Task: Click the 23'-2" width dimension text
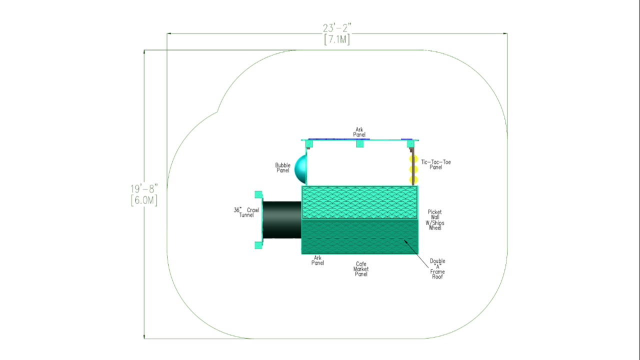point(337,28)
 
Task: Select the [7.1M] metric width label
point(337,39)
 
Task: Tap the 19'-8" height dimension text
point(144,189)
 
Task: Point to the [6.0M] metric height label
point(144,200)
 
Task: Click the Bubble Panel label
point(282,167)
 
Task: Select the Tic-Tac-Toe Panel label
point(435,164)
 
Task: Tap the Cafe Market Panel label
point(361,269)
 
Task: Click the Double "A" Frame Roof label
point(437,269)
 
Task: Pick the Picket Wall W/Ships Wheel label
point(435,220)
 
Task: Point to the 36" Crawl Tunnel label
point(246,212)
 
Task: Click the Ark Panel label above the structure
point(359,132)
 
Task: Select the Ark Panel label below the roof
point(317,260)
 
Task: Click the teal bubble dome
point(300,169)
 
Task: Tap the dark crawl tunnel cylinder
point(282,219)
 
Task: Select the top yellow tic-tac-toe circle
point(413,159)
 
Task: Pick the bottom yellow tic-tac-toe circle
point(413,179)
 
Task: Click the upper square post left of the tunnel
point(258,194)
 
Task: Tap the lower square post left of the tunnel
point(258,245)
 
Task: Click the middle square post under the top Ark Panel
point(359,143)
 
